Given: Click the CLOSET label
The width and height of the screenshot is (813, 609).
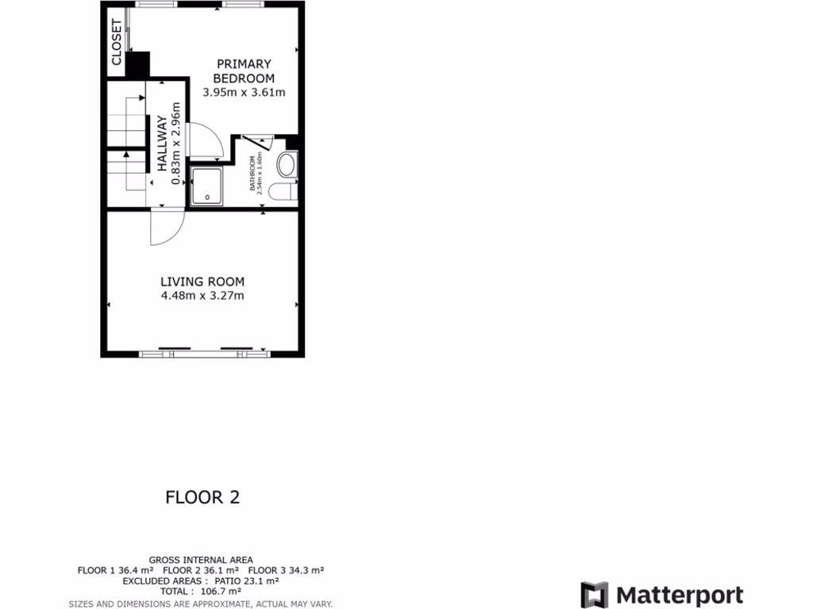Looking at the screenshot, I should tap(117, 42).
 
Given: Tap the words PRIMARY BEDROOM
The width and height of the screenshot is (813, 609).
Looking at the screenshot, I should tap(244, 71).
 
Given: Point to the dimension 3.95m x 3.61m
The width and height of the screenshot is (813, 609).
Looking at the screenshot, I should tap(244, 92).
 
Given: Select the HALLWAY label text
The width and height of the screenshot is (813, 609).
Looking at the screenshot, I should tap(162, 144).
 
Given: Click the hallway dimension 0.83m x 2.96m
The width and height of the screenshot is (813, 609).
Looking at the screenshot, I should tap(177, 144).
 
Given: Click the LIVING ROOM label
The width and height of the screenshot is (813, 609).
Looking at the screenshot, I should tap(202, 282).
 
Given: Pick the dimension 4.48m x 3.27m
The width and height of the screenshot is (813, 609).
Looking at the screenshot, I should tap(202, 297).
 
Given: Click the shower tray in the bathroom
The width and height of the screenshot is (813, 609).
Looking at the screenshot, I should tap(206, 184).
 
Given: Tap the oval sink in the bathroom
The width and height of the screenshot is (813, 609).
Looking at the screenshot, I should tap(286, 165).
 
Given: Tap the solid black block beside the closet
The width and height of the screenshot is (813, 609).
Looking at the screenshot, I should tap(137, 64).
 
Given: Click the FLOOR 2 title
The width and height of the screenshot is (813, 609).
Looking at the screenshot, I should tap(202, 497).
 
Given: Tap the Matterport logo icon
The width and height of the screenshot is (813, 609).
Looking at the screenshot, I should tap(594, 596).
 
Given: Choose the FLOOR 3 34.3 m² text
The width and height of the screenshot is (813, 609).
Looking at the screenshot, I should tap(286, 570).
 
